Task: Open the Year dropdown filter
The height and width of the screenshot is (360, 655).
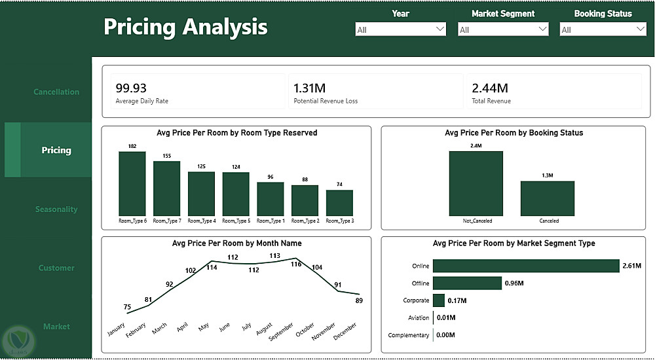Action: click(400, 29)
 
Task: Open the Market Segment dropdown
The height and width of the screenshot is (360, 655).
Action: click(503, 29)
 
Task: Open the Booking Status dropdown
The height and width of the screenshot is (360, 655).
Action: click(603, 29)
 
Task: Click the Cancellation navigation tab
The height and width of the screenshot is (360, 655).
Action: click(56, 92)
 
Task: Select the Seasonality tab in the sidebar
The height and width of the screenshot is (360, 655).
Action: click(56, 209)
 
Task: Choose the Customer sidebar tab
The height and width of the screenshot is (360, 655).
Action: click(56, 268)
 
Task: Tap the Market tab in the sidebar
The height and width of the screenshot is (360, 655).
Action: click(56, 326)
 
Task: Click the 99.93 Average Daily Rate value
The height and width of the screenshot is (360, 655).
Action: click(131, 88)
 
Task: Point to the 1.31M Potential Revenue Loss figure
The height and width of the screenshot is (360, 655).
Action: click(309, 88)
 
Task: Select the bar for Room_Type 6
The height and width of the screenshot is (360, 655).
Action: click(132, 183)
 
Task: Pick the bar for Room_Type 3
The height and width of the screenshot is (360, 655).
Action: click(339, 203)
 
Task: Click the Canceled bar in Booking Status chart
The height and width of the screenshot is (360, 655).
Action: click(548, 198)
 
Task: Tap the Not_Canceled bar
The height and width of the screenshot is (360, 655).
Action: click(476, 183)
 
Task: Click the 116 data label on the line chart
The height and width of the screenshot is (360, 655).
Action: click(296, 264)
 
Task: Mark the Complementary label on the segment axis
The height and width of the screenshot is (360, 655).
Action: click(408, 335)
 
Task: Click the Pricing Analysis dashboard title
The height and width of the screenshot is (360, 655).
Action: click(185, 27)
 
